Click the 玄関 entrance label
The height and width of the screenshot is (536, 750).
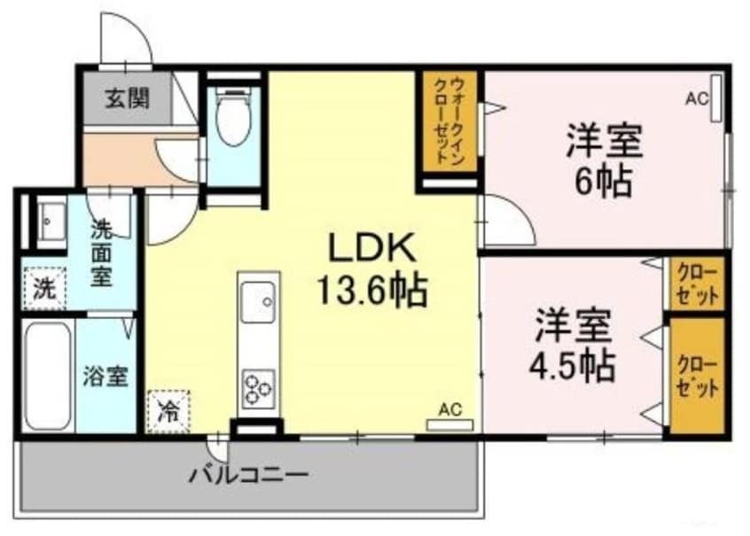coord(128,98)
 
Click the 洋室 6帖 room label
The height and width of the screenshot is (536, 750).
coord(605,159)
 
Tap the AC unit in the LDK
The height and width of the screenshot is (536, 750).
coord(449,424)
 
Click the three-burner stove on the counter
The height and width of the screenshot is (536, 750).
coord(258,389)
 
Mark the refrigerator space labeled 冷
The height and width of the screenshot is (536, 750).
coord(168,411)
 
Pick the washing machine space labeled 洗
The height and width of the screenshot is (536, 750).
coord(43,288)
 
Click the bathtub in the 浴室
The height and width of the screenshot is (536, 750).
coord(47,376)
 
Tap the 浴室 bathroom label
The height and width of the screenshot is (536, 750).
coord(105,377)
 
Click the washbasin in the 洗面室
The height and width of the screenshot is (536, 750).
coord(48,216)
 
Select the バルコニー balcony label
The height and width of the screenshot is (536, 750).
coord(247,474)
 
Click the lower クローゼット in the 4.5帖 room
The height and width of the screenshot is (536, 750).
coord(697,376)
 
